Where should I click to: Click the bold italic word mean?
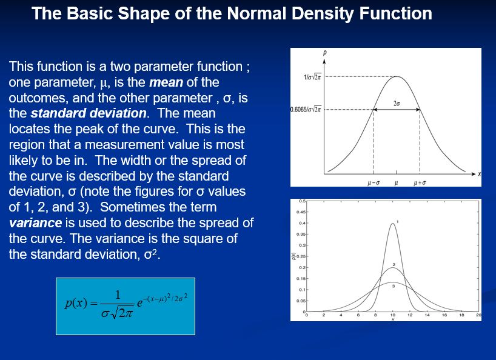pos(166,82)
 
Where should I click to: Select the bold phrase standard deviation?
pos(89,113)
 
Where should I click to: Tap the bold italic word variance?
pos(35,223)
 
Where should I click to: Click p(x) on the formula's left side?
pos(76,303)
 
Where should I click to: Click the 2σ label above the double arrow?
pos(397,104)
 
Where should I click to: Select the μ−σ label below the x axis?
pos(374,182)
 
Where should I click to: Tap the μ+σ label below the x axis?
pos(420,182)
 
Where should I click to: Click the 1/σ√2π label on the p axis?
pos(312,77)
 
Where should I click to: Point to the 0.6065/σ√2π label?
pos(306,110)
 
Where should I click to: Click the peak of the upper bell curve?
pos(397,76)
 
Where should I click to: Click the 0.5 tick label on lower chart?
pos(302,201)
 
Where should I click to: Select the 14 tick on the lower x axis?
pos(427,315)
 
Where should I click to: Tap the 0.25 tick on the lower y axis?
pos(301,256)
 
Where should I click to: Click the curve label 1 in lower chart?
pos(398,222)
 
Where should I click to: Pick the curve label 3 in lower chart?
pos(393,286)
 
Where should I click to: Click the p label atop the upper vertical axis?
pos(325,53)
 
